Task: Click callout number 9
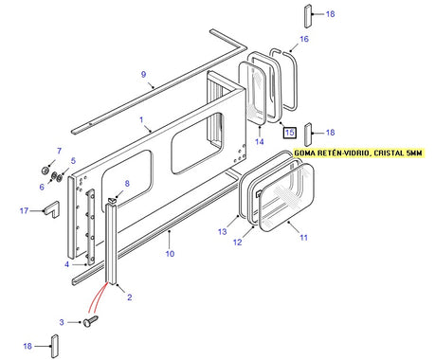(x=143, y=74)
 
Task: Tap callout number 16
(x=304, y=39)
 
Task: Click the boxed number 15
(x=290, y=132)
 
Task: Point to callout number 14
(x=258, y=141)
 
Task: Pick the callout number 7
(x=59, y=151)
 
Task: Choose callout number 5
(x=72, y=161)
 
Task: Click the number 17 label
(x=23, y=211)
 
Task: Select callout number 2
(x=129, y=298)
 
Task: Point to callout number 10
(x=170, y=254)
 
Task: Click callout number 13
(x=222, y=231)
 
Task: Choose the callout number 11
(x=304, y=238)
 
